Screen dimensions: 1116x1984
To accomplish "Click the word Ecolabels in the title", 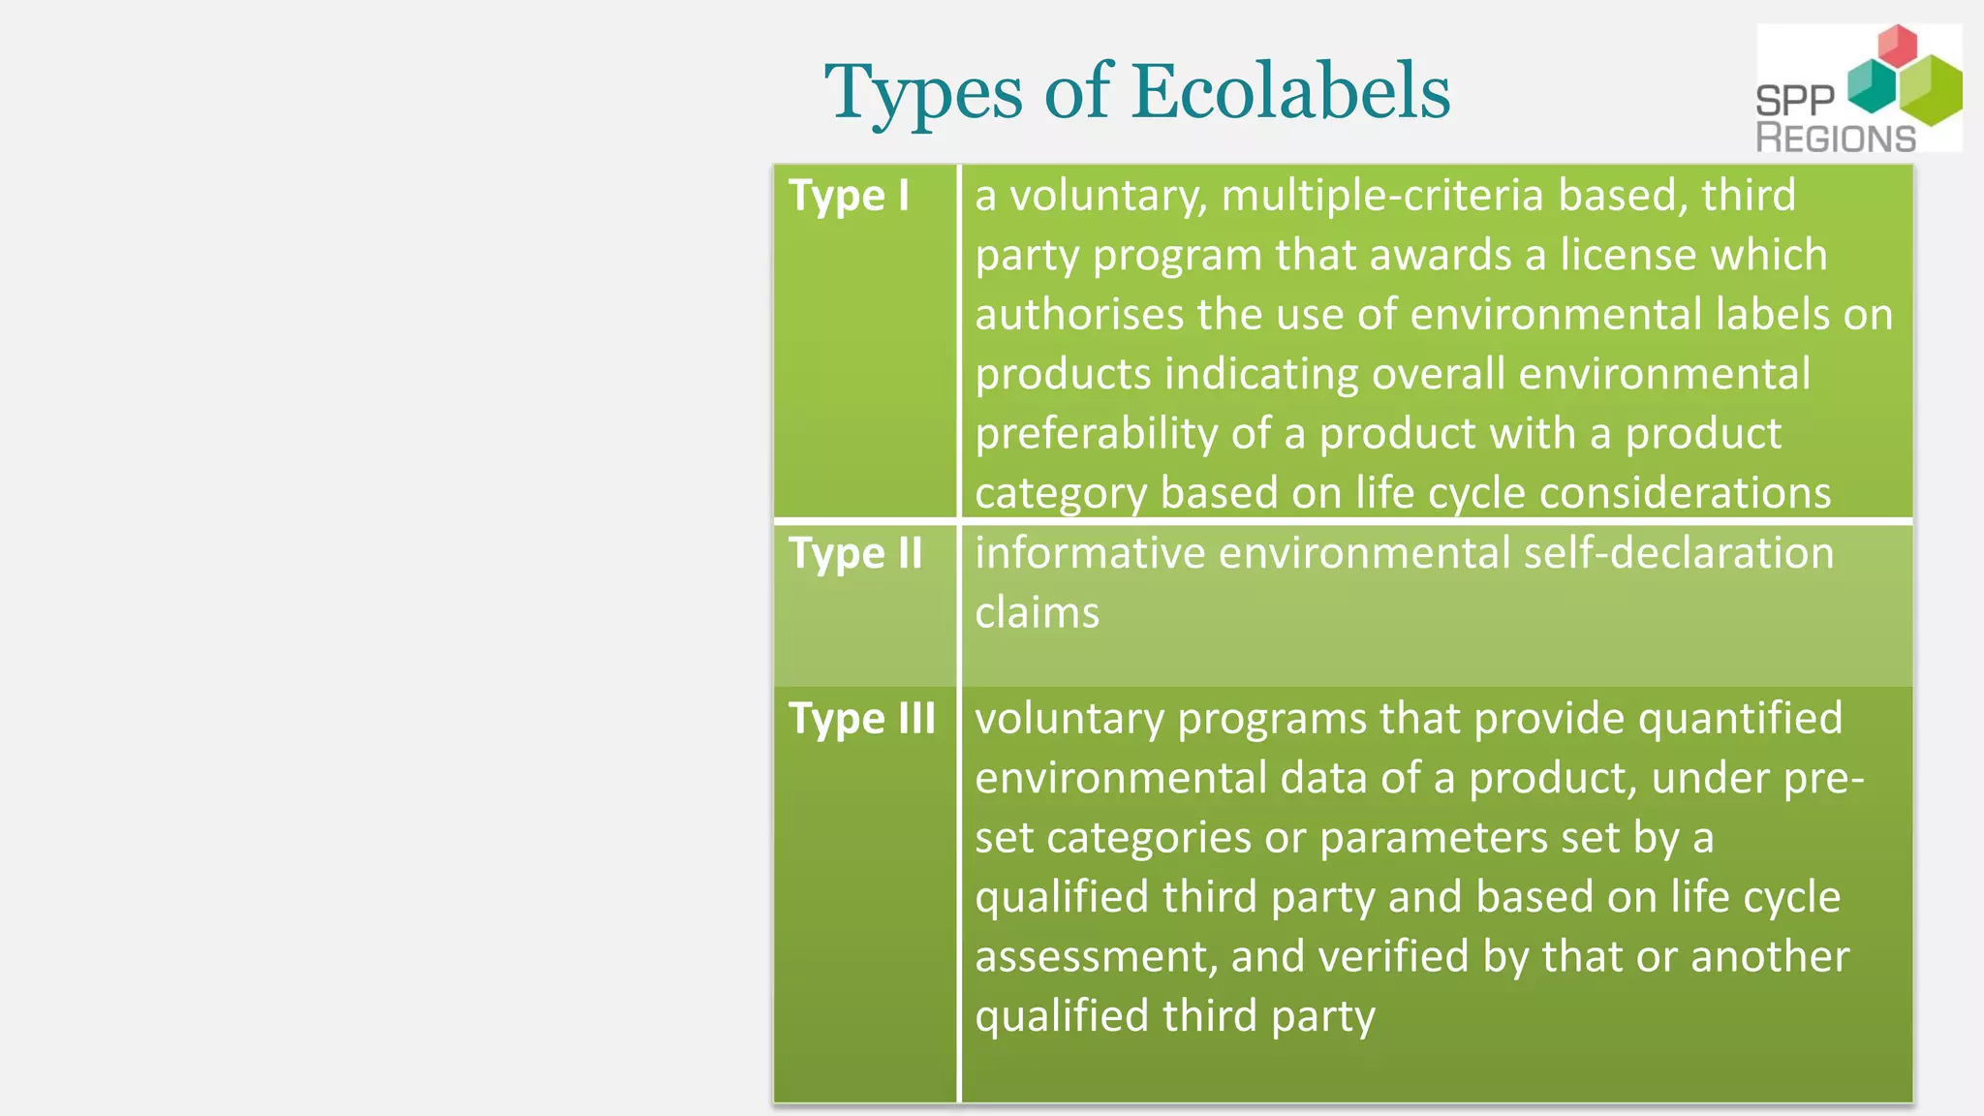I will click(x=1291, y=91).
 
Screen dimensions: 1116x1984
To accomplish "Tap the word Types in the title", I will click(x=923, y=93).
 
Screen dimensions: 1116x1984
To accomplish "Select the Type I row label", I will click(x=849, y=197).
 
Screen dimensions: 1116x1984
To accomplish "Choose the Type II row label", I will click(x=855, y=554).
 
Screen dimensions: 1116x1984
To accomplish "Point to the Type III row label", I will click(x=862, y=719).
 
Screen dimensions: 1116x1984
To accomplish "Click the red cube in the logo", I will click(x=1897, y=46).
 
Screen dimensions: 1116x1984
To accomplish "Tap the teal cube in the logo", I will click(x=1872, y=87).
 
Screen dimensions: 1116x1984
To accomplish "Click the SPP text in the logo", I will click(x=1795, y=101).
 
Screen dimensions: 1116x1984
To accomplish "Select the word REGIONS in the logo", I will click(x=1836, y=139).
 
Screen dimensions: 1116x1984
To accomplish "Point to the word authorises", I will click(x=1079, y=315).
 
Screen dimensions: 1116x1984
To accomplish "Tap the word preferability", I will click(x=1097, y=434).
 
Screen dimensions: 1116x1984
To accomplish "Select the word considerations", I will click(x=1685, y=493).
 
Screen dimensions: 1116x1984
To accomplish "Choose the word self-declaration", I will click(x=1679, y=553).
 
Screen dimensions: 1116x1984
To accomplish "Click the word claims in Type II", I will click(x=1037, y=613).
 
